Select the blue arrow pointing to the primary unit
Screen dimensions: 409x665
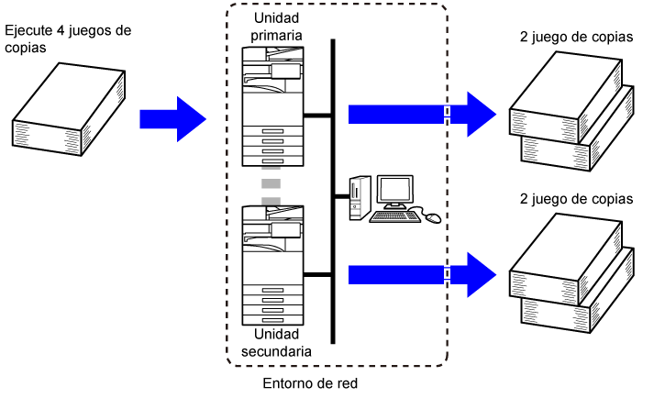(172, 118)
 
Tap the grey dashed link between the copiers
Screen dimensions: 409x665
(270, 185)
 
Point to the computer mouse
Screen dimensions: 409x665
(432, 218)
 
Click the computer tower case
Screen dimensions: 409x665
(356, 200)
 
